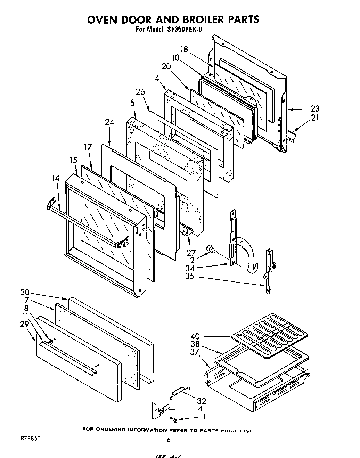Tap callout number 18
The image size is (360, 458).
(x=184, y=49)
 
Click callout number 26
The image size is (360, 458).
(x=140, y=92)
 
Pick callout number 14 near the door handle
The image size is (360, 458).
(x=56, y=178)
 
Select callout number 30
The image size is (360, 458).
(x=25, y=293)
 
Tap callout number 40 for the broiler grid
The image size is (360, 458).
(x=195, y=336)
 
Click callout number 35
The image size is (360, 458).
(x=190, y=277)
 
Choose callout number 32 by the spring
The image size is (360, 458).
(x=201, y=401)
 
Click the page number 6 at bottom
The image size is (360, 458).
(x=169, y=440)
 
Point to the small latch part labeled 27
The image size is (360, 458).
(x=187, y=231)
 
